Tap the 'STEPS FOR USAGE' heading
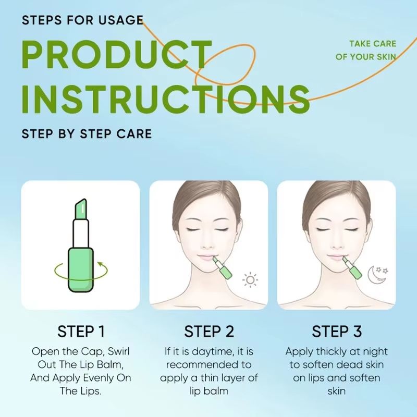click(x=82, y=21)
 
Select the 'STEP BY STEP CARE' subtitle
click(x=87, y=133)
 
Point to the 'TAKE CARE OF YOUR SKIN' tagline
click(x=365, y=51)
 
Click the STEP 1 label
click(x=81, y=331)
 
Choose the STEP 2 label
click(x=208, y=331)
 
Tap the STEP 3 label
click(x=336, y=331)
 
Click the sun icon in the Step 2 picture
click(x=251, y=280)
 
